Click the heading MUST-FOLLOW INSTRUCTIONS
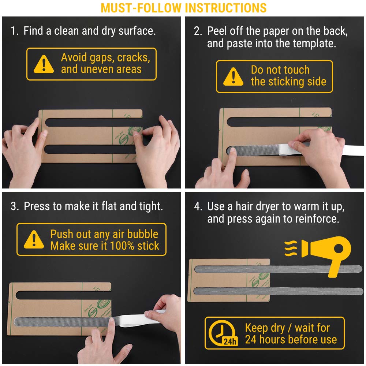click(x=183, y=8)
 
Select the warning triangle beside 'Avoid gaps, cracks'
click(x=44, y=64)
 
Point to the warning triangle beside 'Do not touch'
click(x=233, y=76)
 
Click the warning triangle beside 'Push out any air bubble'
click(x=34, y=239)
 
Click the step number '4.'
click(x=198, y=206)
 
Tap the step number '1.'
click(x=15, y=31)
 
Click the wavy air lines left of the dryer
click(x=291, y=249)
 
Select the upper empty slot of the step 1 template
click(x=93, y=122)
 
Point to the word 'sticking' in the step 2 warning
click(x=288, y=82)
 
